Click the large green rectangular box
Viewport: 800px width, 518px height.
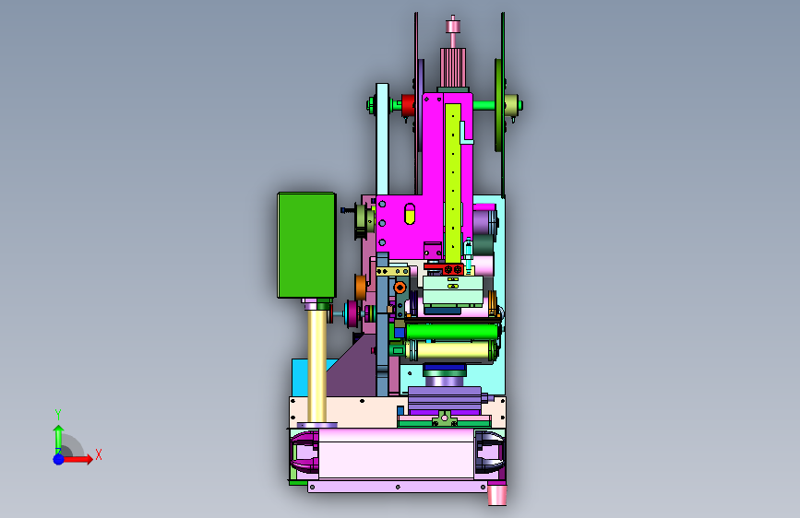306,245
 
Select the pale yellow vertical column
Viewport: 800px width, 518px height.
316,366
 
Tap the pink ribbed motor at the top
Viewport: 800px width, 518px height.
453,67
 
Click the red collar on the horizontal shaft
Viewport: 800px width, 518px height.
408,106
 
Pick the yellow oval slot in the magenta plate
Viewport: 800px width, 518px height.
410,214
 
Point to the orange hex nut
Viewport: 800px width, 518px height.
400,288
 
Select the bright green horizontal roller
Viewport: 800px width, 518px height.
451,332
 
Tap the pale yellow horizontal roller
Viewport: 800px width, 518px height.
452,351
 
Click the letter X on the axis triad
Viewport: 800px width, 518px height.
99,454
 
